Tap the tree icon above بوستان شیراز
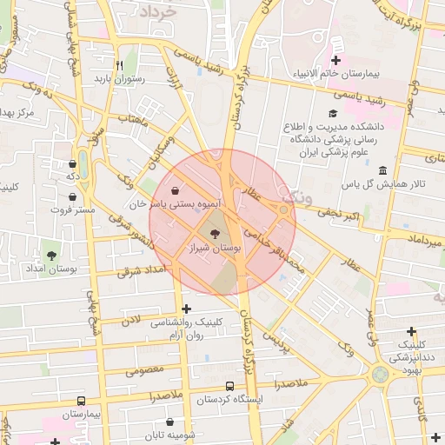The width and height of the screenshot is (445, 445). (216, 233)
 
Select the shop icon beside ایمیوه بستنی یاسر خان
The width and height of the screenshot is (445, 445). (176, 189)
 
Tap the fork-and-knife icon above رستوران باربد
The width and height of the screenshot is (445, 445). (120, 64)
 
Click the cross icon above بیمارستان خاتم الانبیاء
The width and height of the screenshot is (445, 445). (336, 59)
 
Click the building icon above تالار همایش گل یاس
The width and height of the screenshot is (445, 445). (383, 169)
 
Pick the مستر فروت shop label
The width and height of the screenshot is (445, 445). (71, 209)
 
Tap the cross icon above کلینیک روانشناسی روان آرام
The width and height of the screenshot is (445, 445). (186, 309)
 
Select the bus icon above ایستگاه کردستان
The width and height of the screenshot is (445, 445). (229, 385)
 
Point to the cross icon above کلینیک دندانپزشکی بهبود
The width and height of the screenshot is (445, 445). (411, 331)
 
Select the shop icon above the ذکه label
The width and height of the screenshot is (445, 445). (72, 163)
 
